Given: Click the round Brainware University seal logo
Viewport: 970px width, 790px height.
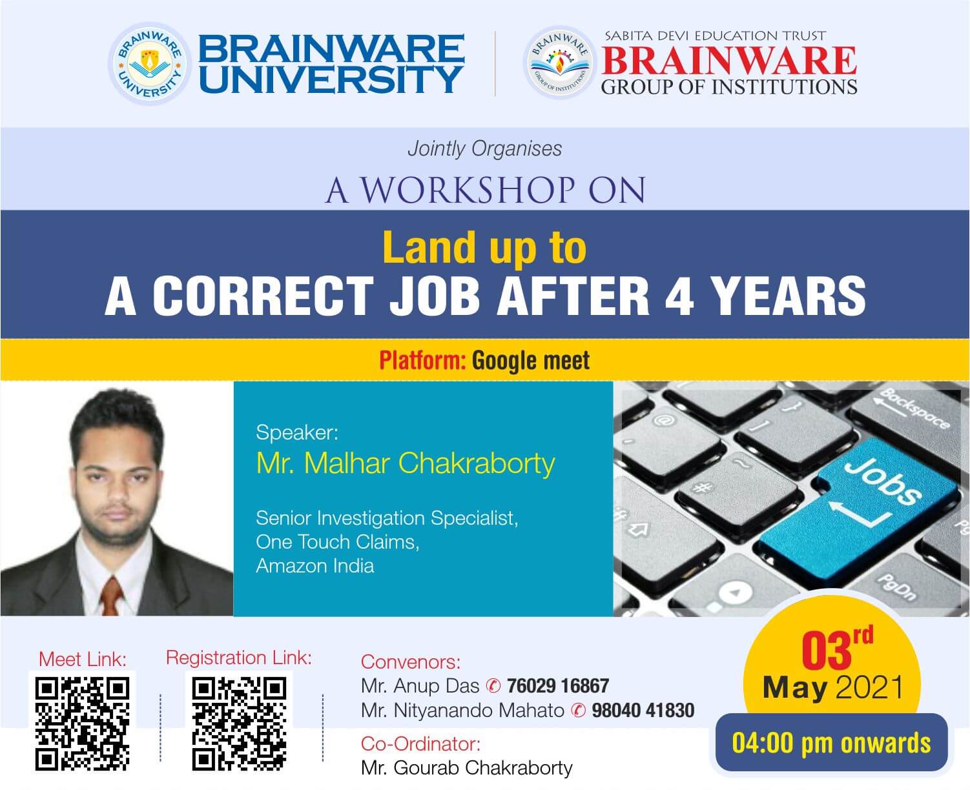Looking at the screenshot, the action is [150, 64].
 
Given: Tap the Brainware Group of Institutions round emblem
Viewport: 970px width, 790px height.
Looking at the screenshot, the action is [560, 63].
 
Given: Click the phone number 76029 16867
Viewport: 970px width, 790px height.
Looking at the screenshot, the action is [557, 686].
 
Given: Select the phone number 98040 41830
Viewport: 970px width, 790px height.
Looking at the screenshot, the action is [643, 711].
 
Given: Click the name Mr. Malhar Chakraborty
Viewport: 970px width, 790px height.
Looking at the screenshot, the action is [406, 464].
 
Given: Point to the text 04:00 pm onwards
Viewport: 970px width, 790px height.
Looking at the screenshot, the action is [831, 743].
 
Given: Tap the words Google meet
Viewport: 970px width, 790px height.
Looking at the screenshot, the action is [531, 361].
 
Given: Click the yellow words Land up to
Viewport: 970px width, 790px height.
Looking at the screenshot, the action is [484, 248].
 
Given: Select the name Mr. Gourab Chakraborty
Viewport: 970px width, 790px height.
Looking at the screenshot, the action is [467, 768].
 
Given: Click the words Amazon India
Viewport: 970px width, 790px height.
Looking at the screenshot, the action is [315, 565].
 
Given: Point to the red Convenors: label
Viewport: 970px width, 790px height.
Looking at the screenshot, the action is [410, 662].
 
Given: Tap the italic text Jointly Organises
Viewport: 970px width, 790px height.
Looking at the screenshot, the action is [484, 149].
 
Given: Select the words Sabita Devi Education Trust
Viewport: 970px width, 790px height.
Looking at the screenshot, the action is [715, 35].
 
